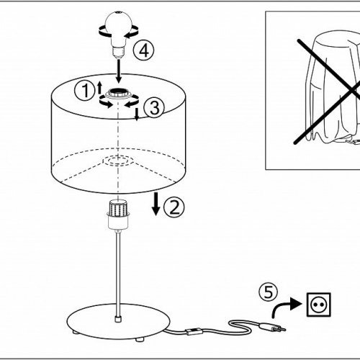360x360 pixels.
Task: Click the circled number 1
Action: (x=85, y=90)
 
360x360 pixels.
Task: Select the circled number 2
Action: (x=174, y=207)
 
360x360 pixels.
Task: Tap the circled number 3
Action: (x=154, y=107)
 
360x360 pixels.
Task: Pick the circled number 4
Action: (x=144, y=50)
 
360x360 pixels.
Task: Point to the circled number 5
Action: (x=268, y=292)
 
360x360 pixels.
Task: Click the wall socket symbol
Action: (x=319, y=305)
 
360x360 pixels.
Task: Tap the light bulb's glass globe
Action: (x=119, y=27)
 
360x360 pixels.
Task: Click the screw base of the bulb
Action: (x=119, y=52)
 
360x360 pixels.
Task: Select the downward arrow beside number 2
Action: (x=156, y=204)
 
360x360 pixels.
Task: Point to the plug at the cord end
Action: (x=272, y=327)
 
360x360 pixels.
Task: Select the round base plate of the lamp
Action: (x=118, y=321)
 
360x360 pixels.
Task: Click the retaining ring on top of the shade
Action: (x=119, y=94)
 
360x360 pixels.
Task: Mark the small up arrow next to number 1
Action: (x=99, y=87)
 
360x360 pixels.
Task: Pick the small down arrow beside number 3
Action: (x=137, y=114)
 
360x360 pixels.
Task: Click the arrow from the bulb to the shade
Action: (x=119, y=71)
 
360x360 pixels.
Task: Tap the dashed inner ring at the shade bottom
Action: (x=118, y=161)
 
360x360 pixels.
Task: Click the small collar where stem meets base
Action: (x=117, y=319)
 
